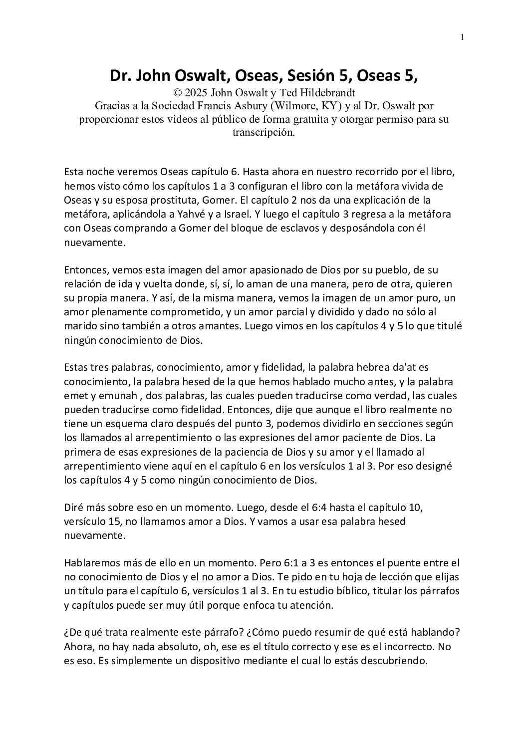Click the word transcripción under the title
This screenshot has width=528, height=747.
[264, 133]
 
